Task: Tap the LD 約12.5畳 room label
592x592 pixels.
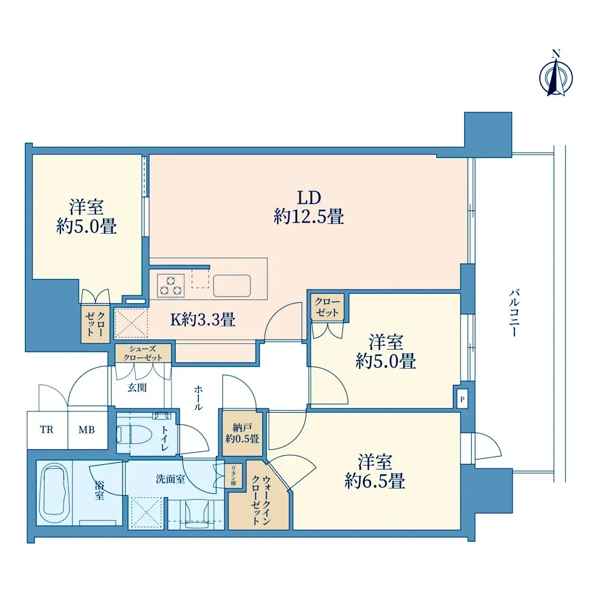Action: tap(309, 207)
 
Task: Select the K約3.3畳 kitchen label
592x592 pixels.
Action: tap(202, 320)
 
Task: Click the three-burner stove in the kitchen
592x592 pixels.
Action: tap(170, 285)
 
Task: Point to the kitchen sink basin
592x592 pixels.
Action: tap(232, 285)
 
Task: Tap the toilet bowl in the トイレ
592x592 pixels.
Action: tap(134, 435)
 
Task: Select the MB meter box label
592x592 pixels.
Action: tap(86, 430)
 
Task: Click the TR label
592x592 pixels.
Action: tap(47, 430)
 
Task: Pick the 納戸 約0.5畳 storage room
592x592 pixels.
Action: tap(242, 433)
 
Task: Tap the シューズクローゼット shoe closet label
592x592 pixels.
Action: tap(143, 353)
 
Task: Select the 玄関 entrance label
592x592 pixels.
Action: tap(137, 387)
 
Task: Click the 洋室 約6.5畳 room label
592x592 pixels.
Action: tap(375, 472)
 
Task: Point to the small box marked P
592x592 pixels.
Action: tap(462, 399)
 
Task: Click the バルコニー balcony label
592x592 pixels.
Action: tap(514, 312)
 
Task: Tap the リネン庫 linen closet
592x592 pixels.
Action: tap(233, 475)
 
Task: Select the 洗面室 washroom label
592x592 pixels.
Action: tap(170, 479)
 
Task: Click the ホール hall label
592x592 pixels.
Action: tap(198, 398)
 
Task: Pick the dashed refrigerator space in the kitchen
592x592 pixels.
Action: tap(200, 279)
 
